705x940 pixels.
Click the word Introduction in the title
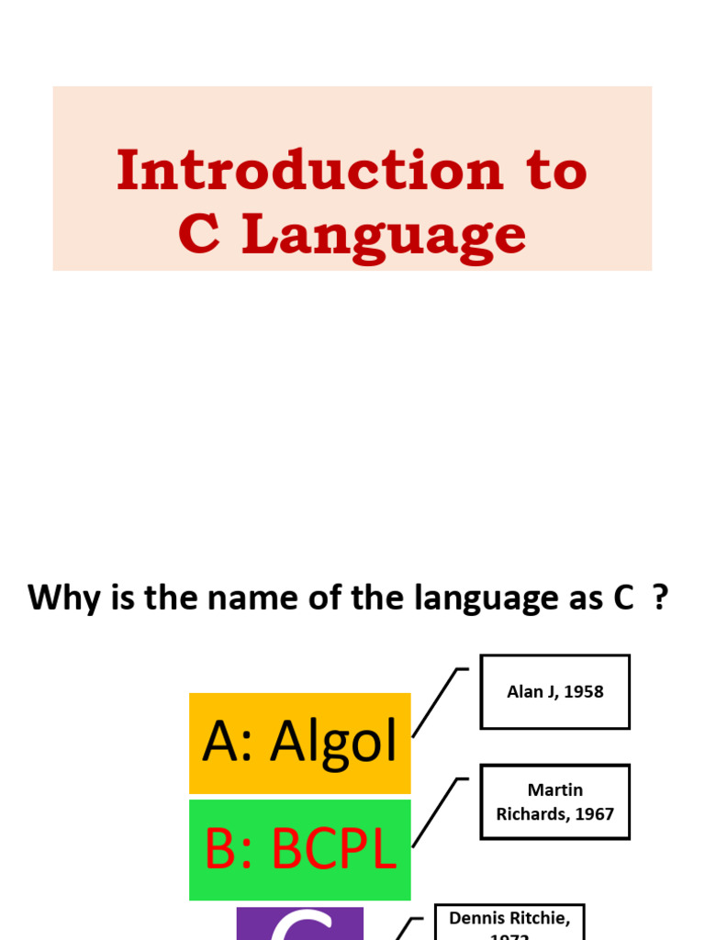tap(309, 171)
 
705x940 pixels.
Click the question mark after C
tap(658, 598)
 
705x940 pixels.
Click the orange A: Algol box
tap(299, 743)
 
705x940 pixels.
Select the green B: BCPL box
tap(299, 850)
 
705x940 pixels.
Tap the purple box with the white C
tap(299, 923)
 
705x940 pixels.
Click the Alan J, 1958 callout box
tap(554, 691)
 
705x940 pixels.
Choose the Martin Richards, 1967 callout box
tap(554, 801)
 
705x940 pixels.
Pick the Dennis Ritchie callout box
tap(509, 922)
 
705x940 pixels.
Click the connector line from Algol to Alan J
tap(435, 702)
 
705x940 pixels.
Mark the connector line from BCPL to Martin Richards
tap(435, 812)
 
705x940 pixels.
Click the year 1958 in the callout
tap(585, 692)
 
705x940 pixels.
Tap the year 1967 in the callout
tap(595, 814)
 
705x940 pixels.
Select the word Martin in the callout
tap(554, 790)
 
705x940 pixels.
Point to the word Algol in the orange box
tap(333, 743)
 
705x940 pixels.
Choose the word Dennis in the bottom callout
tap(478, 918)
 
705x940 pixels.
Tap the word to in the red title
tap(555, 171)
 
